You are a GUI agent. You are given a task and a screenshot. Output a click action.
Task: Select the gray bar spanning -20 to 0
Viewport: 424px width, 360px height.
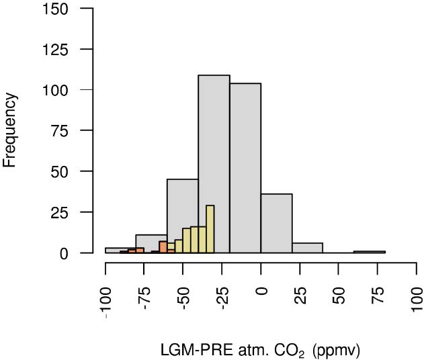coord(245,168)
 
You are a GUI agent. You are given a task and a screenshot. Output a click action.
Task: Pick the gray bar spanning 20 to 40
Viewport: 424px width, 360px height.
coord(307,248)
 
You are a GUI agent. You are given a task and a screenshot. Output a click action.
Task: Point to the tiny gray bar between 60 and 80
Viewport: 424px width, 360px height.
coord(369,252)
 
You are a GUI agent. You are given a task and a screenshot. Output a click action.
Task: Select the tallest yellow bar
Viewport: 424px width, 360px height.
coord(210,229)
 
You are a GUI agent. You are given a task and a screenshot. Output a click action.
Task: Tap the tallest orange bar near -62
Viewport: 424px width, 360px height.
coord(163,246)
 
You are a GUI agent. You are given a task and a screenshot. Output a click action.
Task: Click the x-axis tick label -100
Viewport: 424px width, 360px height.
coord(106,299)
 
